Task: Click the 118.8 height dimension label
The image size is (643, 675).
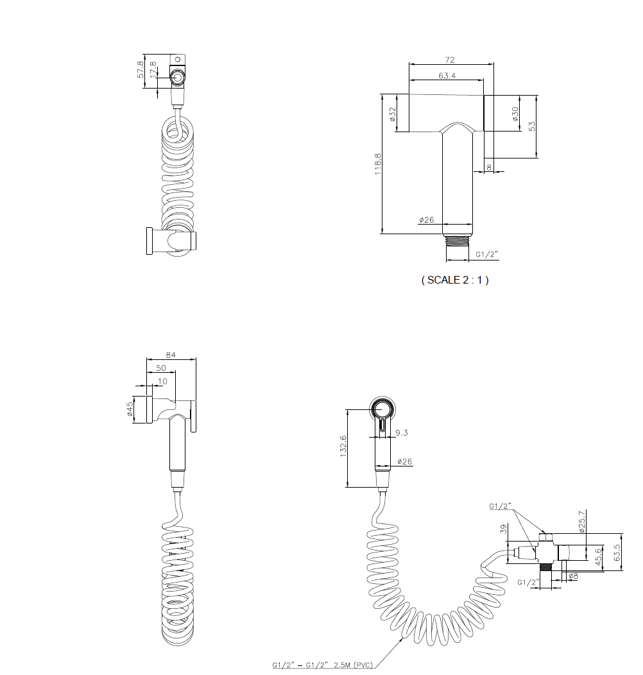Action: (x=378, y=164)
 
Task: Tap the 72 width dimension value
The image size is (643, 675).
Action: (x=450, y=60)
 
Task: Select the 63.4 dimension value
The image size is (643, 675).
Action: (x=447, y=76)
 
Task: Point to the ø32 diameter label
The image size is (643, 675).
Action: (x=392, y=114)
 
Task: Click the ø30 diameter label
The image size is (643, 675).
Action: (x=515, y=114)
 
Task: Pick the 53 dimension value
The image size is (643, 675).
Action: (x=532, y=126)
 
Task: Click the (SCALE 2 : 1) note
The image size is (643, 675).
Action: (x=455, y=280)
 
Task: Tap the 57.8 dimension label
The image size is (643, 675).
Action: (x=141, y=69)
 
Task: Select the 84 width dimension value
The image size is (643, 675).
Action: (x=171, y=355)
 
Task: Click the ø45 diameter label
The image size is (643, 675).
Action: (x=130, y=409)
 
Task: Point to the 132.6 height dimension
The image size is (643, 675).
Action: (x=343, y=446)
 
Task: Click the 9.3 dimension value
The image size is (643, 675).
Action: (x=401, y=432)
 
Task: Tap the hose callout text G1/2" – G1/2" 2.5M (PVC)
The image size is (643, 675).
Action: (x=323, y=665)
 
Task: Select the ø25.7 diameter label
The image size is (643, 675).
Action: (x=582, y=522)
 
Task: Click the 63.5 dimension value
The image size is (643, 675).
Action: (x=617, y=552)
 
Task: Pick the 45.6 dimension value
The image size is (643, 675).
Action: (x=598, y=556)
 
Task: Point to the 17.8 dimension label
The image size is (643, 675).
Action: (x=153, y=70)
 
